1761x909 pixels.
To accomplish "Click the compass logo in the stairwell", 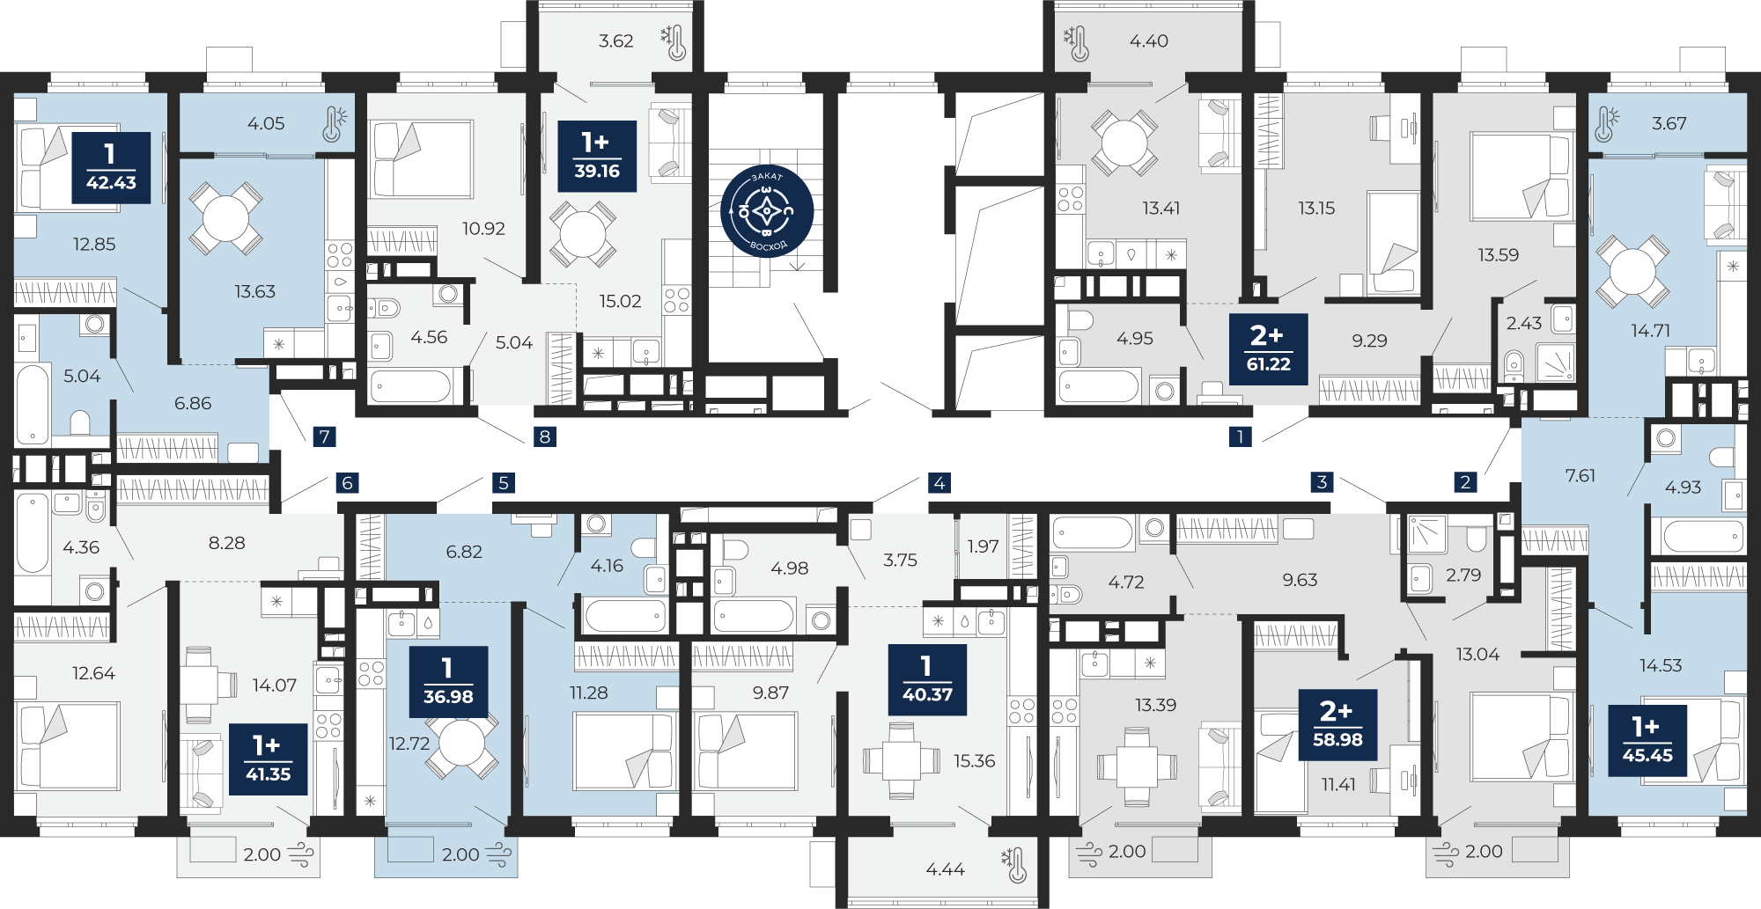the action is coord(767,212).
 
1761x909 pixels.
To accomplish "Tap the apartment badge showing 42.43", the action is coord(111,168).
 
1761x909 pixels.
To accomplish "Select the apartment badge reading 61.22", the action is coord(1268,348).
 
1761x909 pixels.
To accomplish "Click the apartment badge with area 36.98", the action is coord(448,681).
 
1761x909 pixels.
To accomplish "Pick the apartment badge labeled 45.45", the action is coord(1647,740).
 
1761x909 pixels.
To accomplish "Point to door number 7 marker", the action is coord(325,436).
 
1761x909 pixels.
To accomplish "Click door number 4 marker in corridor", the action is coord(939,482).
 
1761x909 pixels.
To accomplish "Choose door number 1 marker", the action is coord(1240,436).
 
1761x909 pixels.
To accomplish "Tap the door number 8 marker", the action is coord(545,436).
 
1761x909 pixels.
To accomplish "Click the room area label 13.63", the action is coord(254,291).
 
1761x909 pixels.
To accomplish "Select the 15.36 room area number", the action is coord(974,760).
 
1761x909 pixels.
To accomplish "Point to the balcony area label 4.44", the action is coord(945,869).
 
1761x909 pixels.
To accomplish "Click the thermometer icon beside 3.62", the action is coord(674,41).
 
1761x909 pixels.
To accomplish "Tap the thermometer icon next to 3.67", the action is coord(1604,124).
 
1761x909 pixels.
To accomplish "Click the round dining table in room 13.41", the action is coord(1124,143).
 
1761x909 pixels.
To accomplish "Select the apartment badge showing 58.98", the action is coord(1337,725).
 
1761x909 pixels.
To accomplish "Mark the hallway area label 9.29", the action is coord(1369,341).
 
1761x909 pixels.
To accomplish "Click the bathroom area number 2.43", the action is coord(1523,323).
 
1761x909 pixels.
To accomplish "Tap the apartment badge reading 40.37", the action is coord(927,679).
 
